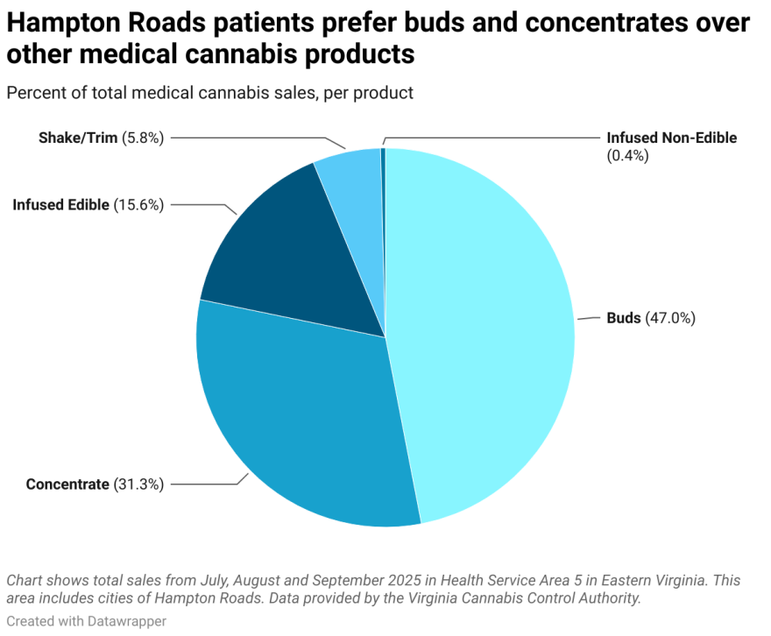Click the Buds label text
tap(624, 318)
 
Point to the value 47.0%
tap(670, 318)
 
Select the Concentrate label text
tap(67, 484)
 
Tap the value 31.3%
tap(138, 484)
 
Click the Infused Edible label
tap(60, 204)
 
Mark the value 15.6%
tap(138, 204)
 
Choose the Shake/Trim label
tap(77, 138)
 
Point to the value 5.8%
tap(143, 138)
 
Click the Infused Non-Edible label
tap(671, 138)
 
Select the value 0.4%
tap(626, 155)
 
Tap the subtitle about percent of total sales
tap(209, 92)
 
